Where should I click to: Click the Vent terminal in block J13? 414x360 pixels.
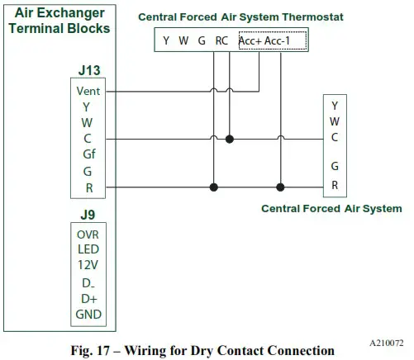point(88,91)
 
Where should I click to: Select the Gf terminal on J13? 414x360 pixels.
point(88,154)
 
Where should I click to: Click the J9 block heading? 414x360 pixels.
point(88,216)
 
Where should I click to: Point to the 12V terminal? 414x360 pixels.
point(88,265)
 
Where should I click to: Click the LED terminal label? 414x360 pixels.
point(88,249)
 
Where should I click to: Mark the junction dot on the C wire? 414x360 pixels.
point(230,139)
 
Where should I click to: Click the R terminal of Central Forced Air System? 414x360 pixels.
point(335,186)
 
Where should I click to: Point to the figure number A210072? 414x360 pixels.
point(384,340)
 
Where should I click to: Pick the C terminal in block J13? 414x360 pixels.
point(88,139)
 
